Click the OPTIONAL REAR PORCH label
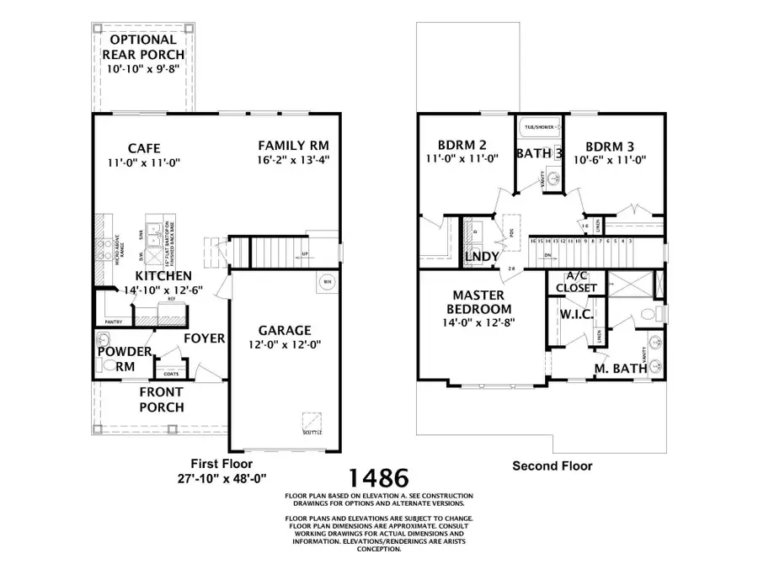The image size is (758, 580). click(143, 47)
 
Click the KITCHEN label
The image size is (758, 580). click(163, 275)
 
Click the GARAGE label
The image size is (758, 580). click(285, 330)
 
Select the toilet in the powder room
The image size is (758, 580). click(109, 366)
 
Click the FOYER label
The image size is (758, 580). click(204, 338)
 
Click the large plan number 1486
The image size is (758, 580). click(379, 479)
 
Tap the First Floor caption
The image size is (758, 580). click(220, 464)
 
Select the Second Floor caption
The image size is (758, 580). click(552, 466)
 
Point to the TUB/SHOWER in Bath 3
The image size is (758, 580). click(540, 127)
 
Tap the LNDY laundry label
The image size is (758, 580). click(481, 255)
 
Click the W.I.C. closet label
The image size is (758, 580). click(578, 314)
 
